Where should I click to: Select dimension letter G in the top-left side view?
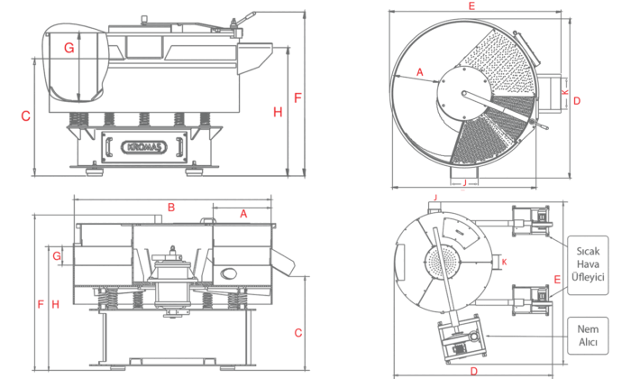pyautogui.click(x=69, y=48)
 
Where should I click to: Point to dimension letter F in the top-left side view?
pyautogui.click(x=298, y=96)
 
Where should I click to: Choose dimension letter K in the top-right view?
pyautogui.click(x=564, y=92)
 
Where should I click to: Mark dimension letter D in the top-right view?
pyautogui.click(x=577, y=100)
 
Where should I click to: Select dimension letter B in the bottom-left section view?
pyautogui.click(x=170, y=208)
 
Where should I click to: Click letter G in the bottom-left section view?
pyautogui.click(x=57, y=257)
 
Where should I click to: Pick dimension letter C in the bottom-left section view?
pyautogui.click(x=297, y=332)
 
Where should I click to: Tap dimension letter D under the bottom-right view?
pyautogui.click(x=473, y=371)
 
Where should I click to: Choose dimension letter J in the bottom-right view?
pyautogui.click(x=434, y=197)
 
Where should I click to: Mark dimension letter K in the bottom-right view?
pyautogui.click(x=504, y=262)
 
